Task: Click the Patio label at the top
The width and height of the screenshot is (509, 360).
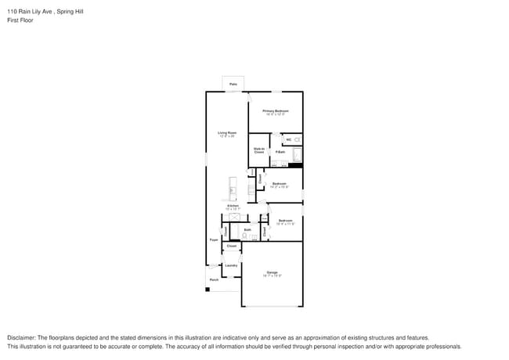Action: [x=233, y=84]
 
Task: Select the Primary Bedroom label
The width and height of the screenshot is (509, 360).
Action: [x=276, y=111]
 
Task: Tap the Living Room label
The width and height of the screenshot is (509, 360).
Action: [x=227, y=133]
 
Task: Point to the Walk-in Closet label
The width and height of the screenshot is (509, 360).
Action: [x=258, y=150]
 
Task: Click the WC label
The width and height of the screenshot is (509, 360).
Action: [x=288, y=139]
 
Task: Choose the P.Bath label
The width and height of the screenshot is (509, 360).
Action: [x=280, y=152]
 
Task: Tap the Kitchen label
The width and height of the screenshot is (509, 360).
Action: [x=233, y=206]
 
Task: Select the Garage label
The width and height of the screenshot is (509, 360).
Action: [x=272, y=272]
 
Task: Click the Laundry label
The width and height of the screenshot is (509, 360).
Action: [x=231, y=265]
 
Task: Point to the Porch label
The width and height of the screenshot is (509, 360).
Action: [x=213, y=279]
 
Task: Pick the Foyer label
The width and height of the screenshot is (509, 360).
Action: [x=213, y=239]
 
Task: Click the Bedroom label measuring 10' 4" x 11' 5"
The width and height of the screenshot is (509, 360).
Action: [x=285, y=221]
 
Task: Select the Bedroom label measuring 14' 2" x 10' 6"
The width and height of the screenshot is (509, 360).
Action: [x=280, y=184]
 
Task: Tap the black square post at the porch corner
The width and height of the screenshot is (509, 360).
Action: [x=208, y=290]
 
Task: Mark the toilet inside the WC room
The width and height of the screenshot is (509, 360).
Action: [x=297, y=139]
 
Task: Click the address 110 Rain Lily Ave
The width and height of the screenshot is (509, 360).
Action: [x=31, y=12]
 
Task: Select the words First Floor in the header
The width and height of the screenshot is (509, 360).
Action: [x=20, y=20]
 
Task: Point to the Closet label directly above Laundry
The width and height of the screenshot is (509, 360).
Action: [x=231, y=246]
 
